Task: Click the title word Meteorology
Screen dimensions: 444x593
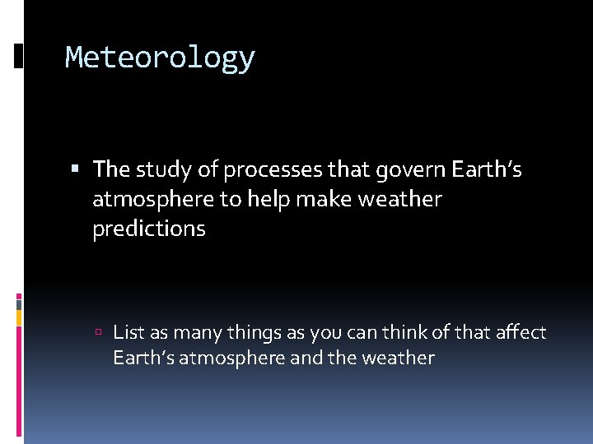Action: (160, 58)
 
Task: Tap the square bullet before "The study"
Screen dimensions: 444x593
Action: (76, 170)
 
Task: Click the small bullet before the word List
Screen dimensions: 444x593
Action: (98, 333)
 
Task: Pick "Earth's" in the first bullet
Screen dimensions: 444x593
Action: (485, 169)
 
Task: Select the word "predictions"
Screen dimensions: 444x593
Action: (149, 229)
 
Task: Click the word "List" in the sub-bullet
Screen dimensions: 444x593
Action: (127, 332)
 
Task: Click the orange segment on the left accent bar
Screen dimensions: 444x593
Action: (19, 317)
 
